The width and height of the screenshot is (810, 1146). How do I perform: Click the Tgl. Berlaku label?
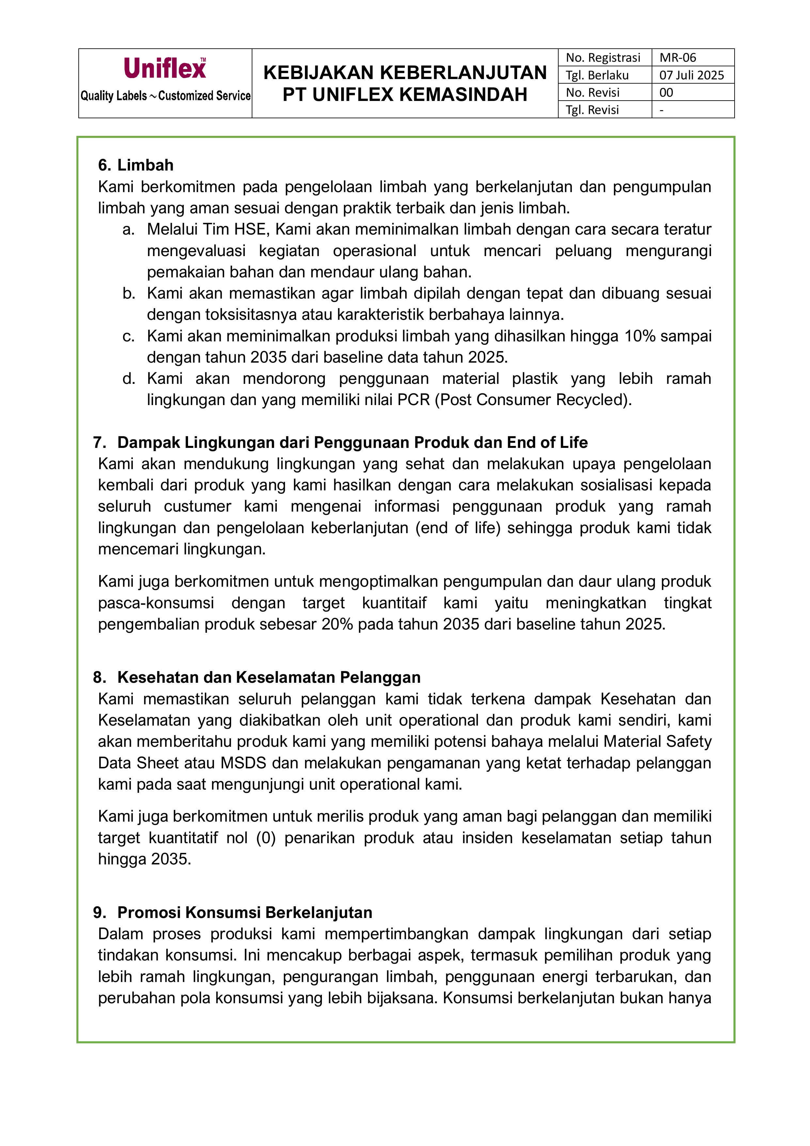click(597, 75)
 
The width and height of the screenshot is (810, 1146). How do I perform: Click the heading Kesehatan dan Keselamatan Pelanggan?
click(269, 677)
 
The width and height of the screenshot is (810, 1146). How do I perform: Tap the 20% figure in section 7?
click(337, 624)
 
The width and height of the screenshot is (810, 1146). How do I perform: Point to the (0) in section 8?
click(266, 838)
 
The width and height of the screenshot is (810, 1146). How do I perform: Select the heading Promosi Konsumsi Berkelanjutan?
click(245, 912)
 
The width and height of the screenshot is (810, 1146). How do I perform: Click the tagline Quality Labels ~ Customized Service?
click(166, 96)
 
